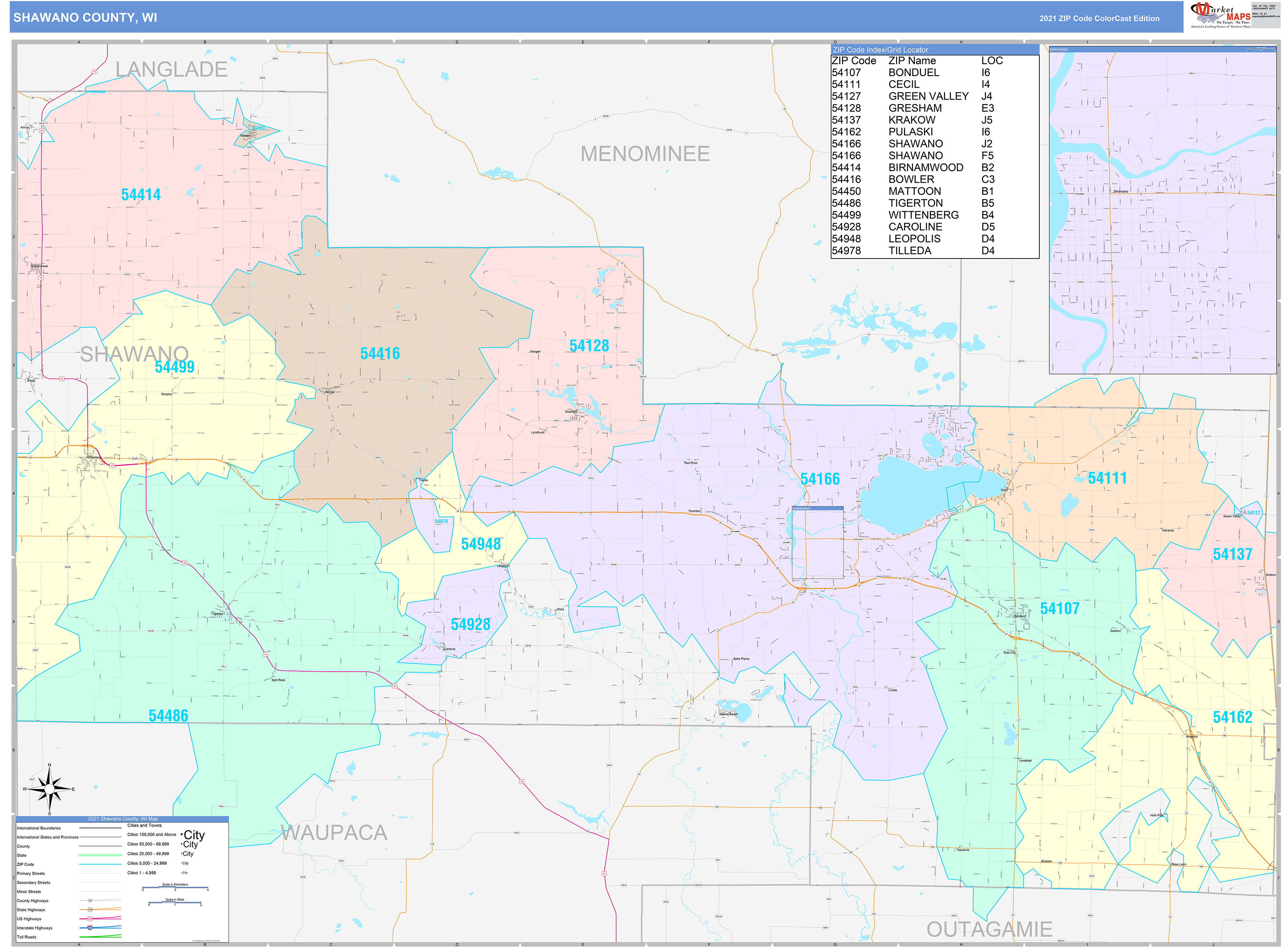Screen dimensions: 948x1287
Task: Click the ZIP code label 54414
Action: (141, 195)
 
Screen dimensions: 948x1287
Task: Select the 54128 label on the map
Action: (589, 345)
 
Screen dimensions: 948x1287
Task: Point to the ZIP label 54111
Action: (1107, 478)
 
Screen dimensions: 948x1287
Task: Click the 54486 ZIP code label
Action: (168, 716)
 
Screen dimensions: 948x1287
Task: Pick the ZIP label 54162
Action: (1232, 717)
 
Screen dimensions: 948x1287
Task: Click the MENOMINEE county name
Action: (645, 154)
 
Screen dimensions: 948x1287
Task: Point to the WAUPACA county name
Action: (334, 833)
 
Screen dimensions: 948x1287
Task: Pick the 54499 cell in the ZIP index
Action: (846, 215)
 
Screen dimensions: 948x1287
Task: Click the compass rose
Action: (49, 789)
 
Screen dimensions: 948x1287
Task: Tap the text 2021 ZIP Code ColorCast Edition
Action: (1099, 18)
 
